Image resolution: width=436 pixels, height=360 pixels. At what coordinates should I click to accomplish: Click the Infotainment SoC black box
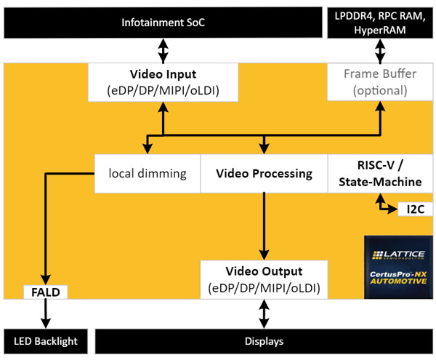(x=163, y=23)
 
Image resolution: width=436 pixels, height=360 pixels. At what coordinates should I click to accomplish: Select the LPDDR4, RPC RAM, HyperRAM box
(x=380, y=23)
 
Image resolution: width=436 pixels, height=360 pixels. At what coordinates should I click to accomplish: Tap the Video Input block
(x=163, y=82)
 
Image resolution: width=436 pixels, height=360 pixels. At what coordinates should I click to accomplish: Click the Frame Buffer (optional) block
(x=380, y=81)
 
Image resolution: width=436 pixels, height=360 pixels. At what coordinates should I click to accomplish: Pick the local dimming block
(x=148, y=174)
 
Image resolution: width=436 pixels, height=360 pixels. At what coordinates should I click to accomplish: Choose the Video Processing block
(x=264, y=174)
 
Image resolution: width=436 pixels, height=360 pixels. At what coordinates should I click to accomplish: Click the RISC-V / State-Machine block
(x=380, y=174)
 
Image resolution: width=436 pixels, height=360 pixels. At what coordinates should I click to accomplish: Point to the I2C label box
(x=416, y=209)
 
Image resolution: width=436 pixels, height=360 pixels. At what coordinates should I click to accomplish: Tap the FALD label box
(x=46, y=292)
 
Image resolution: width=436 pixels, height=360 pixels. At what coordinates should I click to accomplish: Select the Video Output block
(x=264, y=279)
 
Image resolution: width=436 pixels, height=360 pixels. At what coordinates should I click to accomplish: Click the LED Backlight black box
(x=46, y=341)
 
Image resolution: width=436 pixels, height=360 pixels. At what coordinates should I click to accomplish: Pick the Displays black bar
(x=264, y=341)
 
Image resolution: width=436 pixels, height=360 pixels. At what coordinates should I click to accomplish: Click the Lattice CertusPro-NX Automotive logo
(x=398, y=267)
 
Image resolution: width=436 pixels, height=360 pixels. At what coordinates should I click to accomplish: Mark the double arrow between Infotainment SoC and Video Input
(x=163, y=51)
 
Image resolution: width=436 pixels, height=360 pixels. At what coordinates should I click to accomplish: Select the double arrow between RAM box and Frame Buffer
(x=380, y=51)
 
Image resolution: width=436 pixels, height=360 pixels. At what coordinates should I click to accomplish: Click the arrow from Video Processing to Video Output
(x=264, y=226)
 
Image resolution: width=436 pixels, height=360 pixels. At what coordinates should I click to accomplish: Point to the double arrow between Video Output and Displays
(x=264, y=313)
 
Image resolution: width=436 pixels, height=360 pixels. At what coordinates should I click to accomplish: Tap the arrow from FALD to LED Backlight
(x=46, y=313)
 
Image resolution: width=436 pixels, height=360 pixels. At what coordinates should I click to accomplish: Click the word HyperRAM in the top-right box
(x=380, y=30)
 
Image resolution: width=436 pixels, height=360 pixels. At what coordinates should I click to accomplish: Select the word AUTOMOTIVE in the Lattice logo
(x=398, y=281)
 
